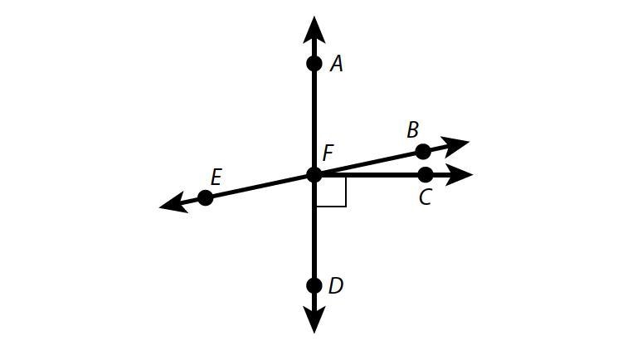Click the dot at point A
314,64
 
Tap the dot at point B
423,152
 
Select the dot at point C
426,175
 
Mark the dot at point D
314,285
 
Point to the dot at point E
206,197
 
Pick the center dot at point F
314,175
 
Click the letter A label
337,64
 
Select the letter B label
413,130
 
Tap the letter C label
426,197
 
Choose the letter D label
336,286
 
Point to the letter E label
216,178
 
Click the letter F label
328,153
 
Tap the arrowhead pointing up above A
314,30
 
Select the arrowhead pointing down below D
314,319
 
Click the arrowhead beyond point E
173,203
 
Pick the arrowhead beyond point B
455,146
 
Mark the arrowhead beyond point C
459,175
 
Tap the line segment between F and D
314,230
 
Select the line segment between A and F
314,119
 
